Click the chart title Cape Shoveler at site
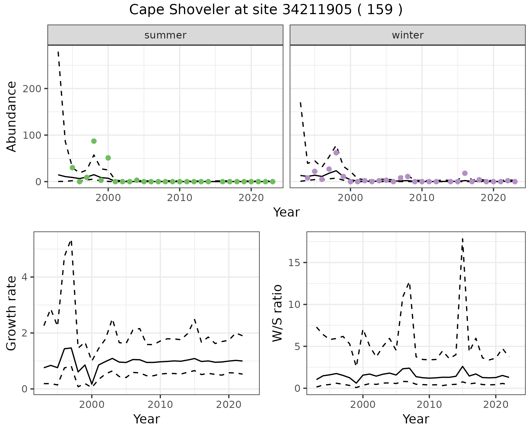(265, 10)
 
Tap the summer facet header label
(165, 35)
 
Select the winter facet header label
(408, 35)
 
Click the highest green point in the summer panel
(94, 141)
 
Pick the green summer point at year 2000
(108, 158)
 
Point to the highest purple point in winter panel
(336, 153)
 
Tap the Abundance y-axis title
(12, 117)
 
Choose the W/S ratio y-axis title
(277, 313)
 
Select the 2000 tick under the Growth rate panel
(92, 405)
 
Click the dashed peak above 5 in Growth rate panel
(71, 241)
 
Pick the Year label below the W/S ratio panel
(416, 419)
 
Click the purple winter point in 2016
(465, 173)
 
